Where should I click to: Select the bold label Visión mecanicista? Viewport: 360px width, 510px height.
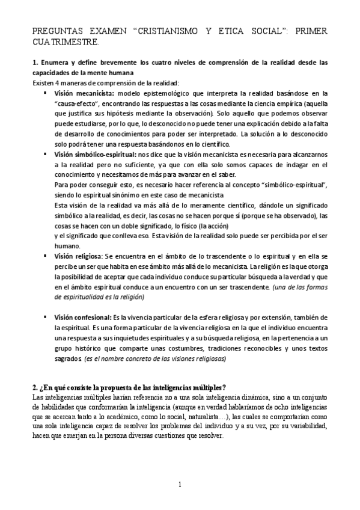click(84, 93)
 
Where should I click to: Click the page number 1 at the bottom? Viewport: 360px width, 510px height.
click(180, 485)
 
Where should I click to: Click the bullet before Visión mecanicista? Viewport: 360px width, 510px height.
click(46, 93)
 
